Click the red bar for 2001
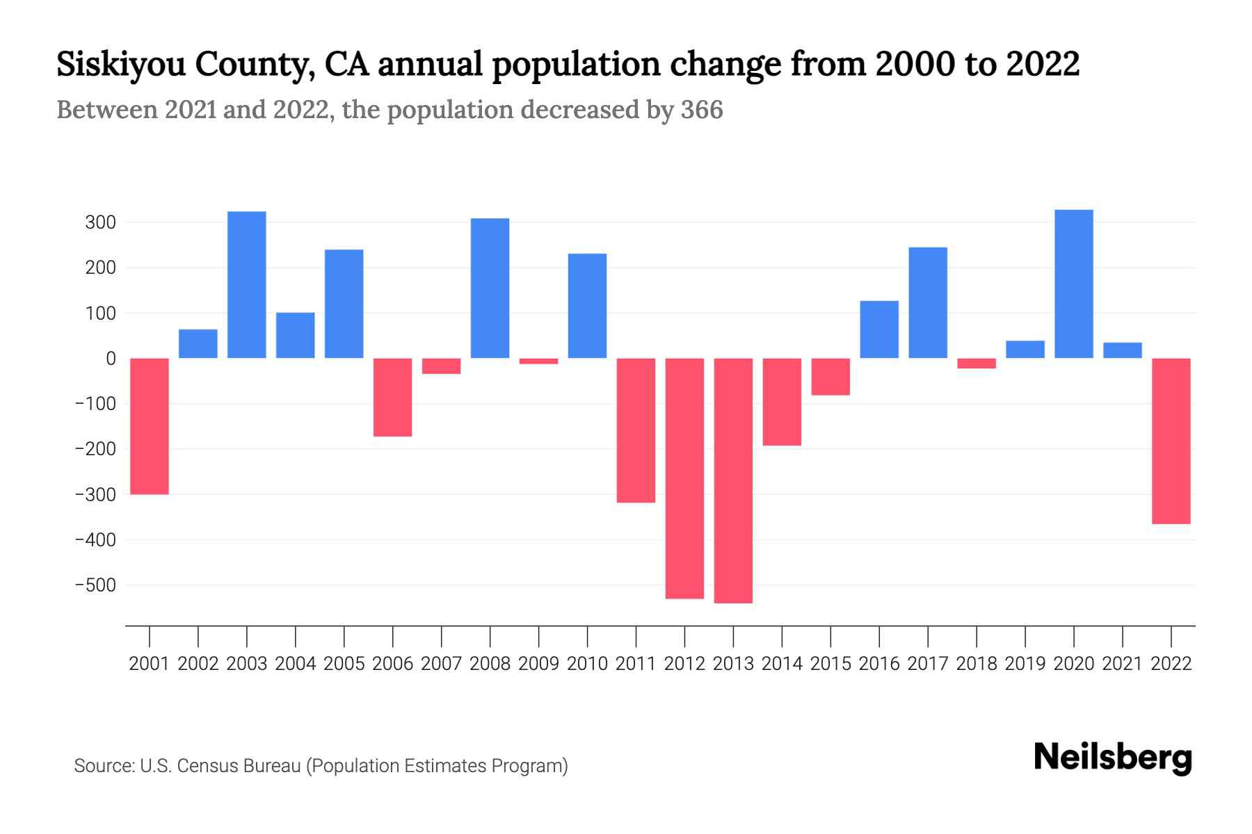(x=150, y=426)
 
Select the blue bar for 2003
(x=247, y=285)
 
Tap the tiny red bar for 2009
(x=538, y=361)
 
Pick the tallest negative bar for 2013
(x=733, y=480)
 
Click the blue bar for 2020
(x=1074, y=284)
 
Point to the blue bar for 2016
(x=879, y=329)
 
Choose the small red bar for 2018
(x=977, y=363)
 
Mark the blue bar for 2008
(x=490, y=288)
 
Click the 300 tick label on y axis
(x=100, y=223)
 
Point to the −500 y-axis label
(x=95, y=585)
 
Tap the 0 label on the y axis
(x=111, y=359)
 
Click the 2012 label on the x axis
(x=684, y=664)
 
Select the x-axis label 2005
(x=344, y=664)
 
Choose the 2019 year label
(x=1025, y=664)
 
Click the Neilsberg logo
(x=1113, y=758)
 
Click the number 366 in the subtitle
(x=702, y=110)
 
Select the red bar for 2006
(x=393, y=398)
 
